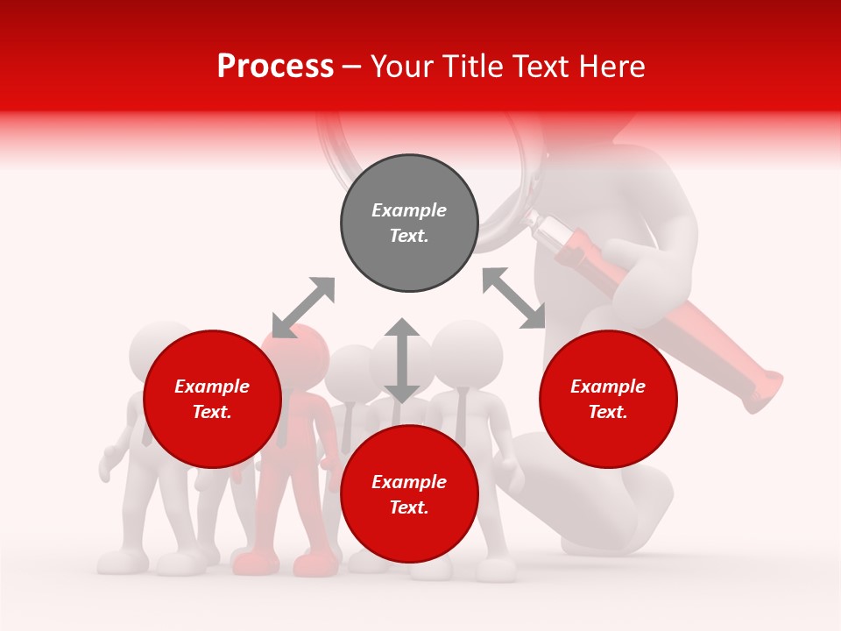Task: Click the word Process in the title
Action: (x=275, y=67)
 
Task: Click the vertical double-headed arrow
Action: (x=402, y=360)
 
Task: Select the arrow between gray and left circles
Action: (x=303, y=307)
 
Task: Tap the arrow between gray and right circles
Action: (x=513, y=298)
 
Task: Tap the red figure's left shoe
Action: (x=251, y=562)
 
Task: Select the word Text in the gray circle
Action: (x=409, y=236)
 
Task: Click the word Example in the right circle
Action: (x=608, y=386)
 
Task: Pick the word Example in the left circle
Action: (x=212, y=386)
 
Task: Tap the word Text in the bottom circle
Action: (x=409, y=507)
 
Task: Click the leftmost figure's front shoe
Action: (x=119, y=562)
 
